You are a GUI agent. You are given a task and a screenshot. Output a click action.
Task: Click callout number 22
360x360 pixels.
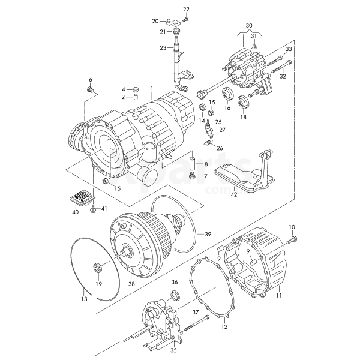pyautogui.click(x=186, y=9)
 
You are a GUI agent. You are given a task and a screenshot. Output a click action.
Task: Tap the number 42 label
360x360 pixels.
pyautogui.click(x=234, y=194)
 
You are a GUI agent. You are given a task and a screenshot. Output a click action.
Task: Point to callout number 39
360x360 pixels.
pyautogui.click(x=208, y=234)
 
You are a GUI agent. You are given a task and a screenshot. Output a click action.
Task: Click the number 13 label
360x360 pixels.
pyautogui.click(x=84, y=298)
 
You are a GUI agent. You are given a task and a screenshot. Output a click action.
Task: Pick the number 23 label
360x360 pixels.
pyautogui.click(x=163, y=47)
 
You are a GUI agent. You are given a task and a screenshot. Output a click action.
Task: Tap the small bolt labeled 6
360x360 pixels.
pyautogui.click(x=91, y=89)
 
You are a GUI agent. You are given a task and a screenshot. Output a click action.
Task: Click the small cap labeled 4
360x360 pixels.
pyautogui.click(x=136, y=89)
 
